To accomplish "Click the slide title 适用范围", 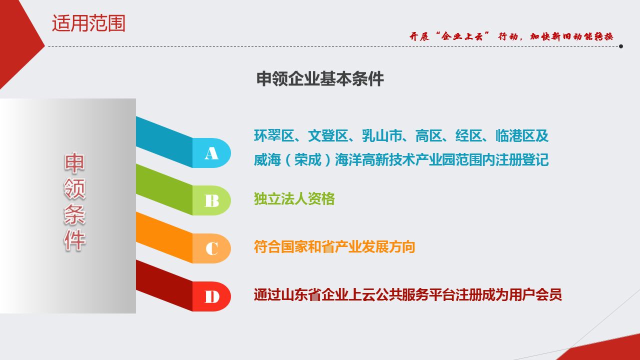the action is coord(88,23).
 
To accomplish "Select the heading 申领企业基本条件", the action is coord(320,79).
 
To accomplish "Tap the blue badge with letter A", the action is coord(211,153).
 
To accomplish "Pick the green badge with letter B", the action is coord(211,200).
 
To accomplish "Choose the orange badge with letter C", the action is coord(211,248).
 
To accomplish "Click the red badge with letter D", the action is coord(211,296).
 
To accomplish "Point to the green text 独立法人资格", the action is coord(294,199).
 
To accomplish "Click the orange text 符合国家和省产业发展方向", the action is coord(334,247).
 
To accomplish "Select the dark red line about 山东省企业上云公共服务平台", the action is coord(407,295).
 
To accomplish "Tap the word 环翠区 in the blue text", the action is coord(274,135).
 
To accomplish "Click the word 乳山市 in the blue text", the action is coord(382,135).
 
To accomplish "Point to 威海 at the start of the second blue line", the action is coord(267,159).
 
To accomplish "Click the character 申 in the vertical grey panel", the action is coord(74,163).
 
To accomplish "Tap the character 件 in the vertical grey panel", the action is coord(74,240).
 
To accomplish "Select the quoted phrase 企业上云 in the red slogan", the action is coord(462,36).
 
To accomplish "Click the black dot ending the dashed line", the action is coord(621,46).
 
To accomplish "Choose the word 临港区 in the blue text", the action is coord(515,135).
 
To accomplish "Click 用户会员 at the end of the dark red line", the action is coord(535,295).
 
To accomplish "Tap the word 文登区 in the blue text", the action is coord(328,135).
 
